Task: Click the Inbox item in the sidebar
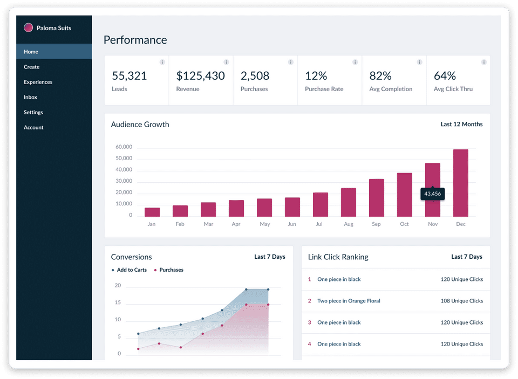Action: [30, 97]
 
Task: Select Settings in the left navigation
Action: [33, 112]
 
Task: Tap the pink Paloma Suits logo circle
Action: [29, 27]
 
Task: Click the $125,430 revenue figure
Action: [201, 76]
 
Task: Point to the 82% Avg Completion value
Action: [380, 76]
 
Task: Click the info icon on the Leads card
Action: [162, 62]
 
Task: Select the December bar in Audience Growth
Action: [460, 183]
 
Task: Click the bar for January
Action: [152, 212]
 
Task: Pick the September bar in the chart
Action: [377, 198]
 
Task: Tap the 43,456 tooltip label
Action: [432, 194]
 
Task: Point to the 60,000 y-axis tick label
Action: [124, 147]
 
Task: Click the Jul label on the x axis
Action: [319, 224]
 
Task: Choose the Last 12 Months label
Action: [461, 124]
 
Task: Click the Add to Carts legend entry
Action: [129, 270]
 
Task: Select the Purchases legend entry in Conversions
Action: [168, 270]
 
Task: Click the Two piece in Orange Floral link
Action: [349, 301]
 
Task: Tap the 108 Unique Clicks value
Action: [462, 301]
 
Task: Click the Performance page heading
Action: [135, 40]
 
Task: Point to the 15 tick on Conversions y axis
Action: [118, 302]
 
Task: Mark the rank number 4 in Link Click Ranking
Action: [310, 344]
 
